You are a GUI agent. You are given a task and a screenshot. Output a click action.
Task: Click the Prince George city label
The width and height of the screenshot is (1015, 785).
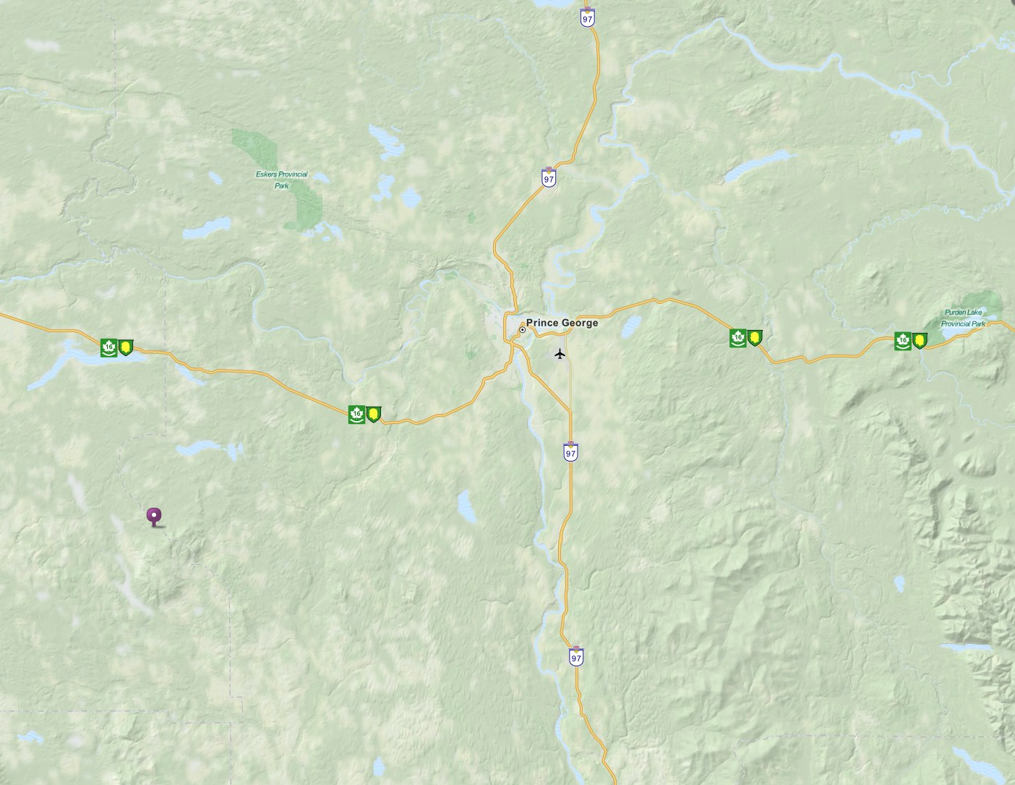[562, 323]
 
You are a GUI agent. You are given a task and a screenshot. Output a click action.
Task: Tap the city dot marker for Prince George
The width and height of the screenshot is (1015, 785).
[522, 330]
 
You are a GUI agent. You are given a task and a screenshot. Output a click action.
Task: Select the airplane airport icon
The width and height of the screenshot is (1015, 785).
[560, 354]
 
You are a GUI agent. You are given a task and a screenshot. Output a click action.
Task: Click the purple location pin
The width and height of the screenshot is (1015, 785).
[154, 516]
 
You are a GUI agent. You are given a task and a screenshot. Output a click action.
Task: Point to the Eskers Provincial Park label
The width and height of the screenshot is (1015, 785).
[281, 179]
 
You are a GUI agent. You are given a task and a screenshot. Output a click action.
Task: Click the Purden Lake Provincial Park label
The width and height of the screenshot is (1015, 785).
[963, 318]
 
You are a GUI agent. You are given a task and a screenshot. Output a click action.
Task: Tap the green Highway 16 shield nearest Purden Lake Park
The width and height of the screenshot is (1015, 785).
[902, 341]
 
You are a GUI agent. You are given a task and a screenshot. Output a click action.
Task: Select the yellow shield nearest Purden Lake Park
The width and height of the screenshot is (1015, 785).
[920, 341]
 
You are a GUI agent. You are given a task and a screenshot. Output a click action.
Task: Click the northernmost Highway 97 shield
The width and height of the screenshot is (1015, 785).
[588, 18]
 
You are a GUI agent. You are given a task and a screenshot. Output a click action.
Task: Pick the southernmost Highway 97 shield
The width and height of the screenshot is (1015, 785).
[576, 656]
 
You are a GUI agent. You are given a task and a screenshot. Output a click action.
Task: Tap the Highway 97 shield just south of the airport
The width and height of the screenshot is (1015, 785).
[571, 452]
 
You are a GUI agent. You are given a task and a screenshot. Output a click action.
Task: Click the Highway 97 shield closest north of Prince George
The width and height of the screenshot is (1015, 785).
[549, 178]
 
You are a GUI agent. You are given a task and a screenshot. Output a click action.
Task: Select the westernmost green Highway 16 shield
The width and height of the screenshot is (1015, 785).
[108, 348]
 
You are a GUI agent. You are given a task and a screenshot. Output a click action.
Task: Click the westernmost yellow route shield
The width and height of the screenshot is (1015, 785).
[126, 348]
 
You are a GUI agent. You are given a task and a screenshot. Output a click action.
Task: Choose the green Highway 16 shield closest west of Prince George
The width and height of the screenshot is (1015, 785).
[356, 415]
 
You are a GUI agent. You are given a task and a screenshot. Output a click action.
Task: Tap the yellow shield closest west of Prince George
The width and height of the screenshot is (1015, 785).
[374, 415]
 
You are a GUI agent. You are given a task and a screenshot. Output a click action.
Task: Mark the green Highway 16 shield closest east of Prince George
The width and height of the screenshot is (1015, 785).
[737, 338]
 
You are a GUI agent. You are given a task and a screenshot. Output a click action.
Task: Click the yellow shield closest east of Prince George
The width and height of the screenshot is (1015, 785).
[755, 338]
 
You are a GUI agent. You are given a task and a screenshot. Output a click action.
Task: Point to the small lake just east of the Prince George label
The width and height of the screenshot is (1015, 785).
[631, 325]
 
